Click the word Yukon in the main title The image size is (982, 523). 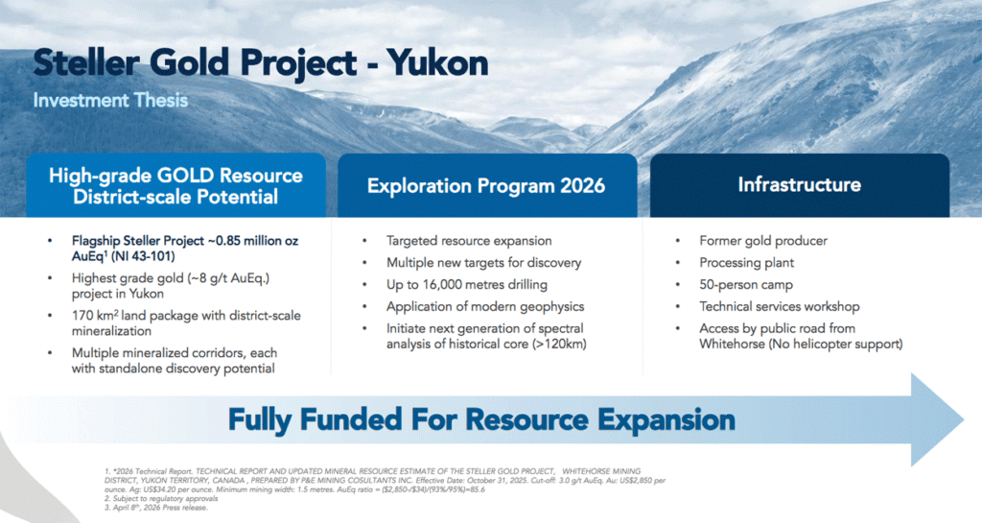[x=437, y=62]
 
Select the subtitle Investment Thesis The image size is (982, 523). [x=110, y=100]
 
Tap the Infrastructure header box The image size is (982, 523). [x=799, y=185]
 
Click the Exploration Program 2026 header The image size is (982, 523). [x=486, y=186]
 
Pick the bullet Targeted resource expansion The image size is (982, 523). [x=469, y=241]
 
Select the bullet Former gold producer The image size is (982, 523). [x=762, y=241]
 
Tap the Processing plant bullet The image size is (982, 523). [x=746, y=262]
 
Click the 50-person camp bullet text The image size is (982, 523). [x=746, y=284]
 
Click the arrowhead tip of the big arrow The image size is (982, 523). [x=963, y=419]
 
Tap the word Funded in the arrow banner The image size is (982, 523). [x=351, y=419]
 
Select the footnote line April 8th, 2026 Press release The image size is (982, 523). [x=156, y=508]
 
